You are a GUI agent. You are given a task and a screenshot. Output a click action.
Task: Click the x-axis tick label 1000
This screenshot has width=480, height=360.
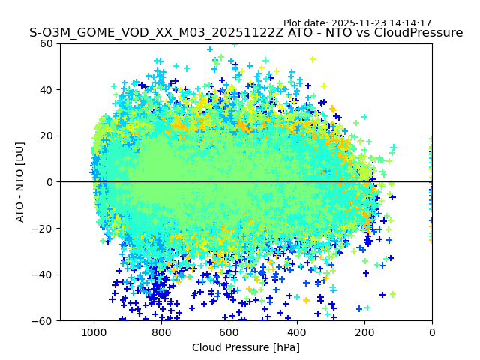click(94, 331)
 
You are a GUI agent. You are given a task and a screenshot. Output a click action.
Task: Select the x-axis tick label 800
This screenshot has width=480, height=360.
click(161, 331)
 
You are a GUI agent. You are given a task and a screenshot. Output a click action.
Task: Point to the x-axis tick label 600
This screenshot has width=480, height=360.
click(229, 331)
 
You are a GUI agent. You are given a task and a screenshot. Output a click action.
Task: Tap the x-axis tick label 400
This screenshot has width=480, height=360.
click(297, 331)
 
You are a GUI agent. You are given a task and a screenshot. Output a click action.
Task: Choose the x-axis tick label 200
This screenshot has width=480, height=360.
click(364, 331)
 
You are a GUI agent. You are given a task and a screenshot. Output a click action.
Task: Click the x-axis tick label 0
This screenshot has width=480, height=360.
click(432, 331)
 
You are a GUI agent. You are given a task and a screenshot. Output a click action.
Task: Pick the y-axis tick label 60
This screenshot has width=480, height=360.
click(46, 43)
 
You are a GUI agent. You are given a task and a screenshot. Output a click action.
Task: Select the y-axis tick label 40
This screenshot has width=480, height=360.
click(46, 90)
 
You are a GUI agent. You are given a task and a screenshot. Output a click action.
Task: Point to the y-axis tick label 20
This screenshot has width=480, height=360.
click(46, 136)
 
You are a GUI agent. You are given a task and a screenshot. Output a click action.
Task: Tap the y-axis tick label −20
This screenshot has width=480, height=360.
click(43, 228)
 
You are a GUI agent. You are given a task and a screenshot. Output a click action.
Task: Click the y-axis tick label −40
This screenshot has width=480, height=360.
click(43, 274)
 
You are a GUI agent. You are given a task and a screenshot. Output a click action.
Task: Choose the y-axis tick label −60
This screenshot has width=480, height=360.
click(43, 320)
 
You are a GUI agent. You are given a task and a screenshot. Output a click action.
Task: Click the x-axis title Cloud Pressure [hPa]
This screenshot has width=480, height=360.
click(246, 347)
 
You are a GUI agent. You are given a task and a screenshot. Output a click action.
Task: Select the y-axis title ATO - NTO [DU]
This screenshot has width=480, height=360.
click(21, 182)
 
